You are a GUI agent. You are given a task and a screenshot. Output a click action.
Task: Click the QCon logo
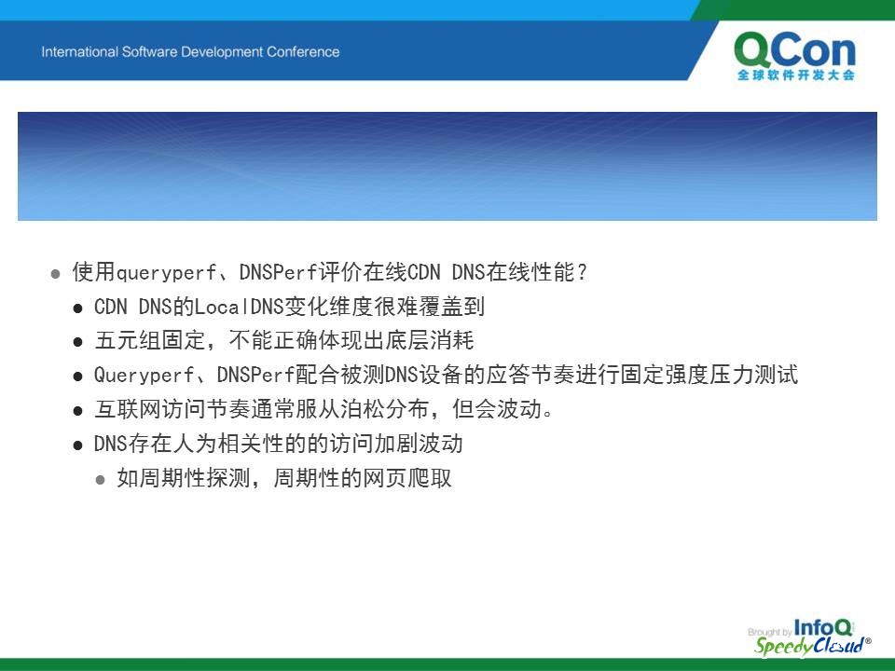pyautogui.click(x=795, y=56)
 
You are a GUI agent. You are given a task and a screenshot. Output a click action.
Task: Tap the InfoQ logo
pyautogui.click(x=822, y=627)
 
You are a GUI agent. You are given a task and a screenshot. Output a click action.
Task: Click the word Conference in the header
pyautogui.click(x=302, y=52)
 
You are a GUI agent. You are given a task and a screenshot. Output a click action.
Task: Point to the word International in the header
pyautogui.click(x=79, y=52)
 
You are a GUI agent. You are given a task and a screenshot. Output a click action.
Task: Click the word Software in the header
pyautogui.click(x=149, y=52)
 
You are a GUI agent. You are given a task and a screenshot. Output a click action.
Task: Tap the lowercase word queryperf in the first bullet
pyautogui.click(x=166, y=273)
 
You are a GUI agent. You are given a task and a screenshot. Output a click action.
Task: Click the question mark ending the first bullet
pyautogui.click(x=582, y=272)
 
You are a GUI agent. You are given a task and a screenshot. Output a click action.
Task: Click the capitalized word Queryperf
pyautogui.click(x=144, y=376)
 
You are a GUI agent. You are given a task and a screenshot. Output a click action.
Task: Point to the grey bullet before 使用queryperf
pyautogui.click(x=55, y=274)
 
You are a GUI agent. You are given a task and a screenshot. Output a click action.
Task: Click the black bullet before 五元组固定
pyautogui.click(x=78, y=342)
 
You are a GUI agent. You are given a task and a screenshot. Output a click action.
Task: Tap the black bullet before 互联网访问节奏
pyautogui.click(x=78, y=411)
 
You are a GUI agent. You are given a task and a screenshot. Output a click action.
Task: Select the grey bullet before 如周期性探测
pyautogui.click(x=101, y=480)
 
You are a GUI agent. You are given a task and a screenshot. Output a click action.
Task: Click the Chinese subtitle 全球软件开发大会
pyautogui.click(x=795, y=75)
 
